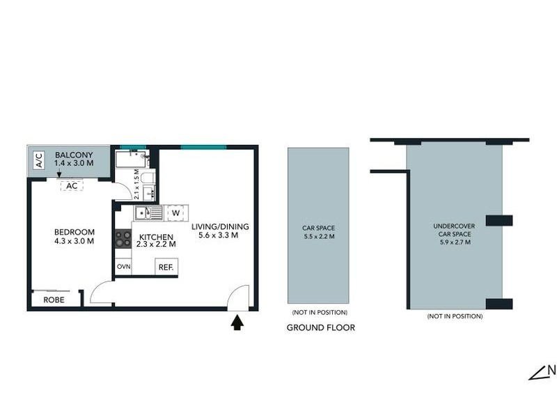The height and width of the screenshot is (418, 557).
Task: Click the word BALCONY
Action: tap(70, 155)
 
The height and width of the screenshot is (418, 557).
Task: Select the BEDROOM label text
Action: tap(74, 232)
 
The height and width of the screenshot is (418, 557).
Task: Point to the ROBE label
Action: tap(54, 300)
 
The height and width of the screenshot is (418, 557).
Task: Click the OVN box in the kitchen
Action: tap(123, 267)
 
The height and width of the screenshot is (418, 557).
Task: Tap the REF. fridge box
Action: tap(166, 267)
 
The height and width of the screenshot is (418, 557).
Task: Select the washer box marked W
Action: tap(175, 212)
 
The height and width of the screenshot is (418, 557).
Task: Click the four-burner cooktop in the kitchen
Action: tap(123, 240)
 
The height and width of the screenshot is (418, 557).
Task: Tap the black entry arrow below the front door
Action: tap(237, 323)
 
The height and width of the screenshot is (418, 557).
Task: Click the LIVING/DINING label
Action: tap(219, 227)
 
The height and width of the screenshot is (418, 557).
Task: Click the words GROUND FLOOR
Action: tap(321, 327)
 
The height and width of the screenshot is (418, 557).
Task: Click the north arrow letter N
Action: tap(551, 371)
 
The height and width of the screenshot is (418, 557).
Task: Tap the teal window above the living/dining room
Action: tap(203, 147)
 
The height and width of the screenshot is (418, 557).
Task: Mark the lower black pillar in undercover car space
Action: tap(499, 304)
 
